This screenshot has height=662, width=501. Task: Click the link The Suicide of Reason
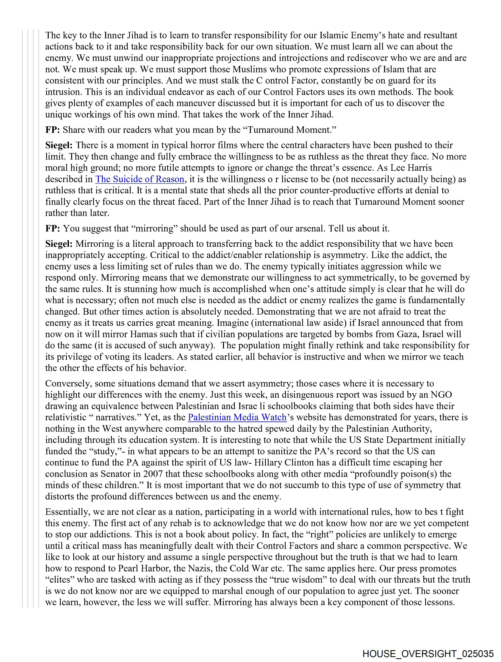coord(139,179)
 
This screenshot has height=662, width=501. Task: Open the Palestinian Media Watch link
coord(237,417)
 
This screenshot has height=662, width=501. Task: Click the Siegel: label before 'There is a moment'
coord(59,145)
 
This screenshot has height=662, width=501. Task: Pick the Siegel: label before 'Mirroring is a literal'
coord(59,244)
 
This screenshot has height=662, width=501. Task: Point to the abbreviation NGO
coord(441,394)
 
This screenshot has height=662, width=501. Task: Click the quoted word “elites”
coord(59,580)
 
